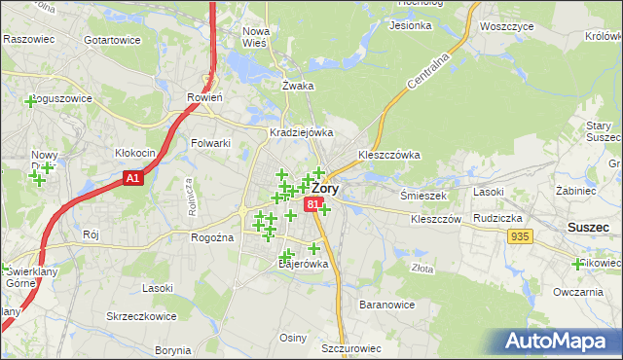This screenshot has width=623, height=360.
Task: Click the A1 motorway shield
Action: pos(134,179)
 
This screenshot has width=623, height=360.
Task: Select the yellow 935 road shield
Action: pos(520,236)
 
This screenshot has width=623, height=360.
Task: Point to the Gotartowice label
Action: pos(112,41)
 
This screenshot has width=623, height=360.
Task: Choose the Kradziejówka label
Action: pos(302,132)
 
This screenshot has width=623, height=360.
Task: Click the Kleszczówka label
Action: pos(388,154)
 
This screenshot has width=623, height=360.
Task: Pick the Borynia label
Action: pos(172,349)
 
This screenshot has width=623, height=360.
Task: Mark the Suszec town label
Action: pos(589,227)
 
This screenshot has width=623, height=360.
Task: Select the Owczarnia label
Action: pos(579,292)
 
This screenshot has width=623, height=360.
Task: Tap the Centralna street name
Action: pos(427,71)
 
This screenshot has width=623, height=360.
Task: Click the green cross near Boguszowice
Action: pos(30,100)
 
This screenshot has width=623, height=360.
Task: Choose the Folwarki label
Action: pos(210,143)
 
